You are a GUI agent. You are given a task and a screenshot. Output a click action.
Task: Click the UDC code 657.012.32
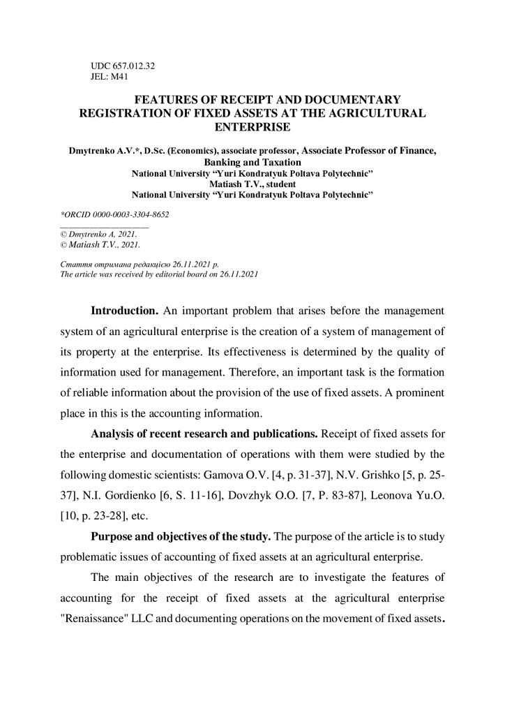(x=133, y=66)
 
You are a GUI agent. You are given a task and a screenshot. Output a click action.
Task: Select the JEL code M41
(x=119, y=77)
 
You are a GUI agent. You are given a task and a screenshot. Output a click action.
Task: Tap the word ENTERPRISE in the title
(x=252, y=127)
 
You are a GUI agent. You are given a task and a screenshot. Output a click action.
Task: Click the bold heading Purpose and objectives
(x=182, y=536)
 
